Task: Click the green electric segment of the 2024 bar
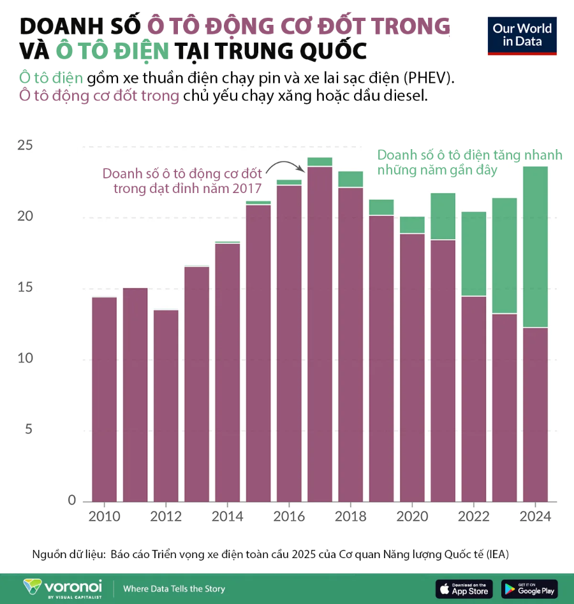(536, 247)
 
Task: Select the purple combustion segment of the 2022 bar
(473, 398)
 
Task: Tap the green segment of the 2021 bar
(443, 216)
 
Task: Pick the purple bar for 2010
(104, 399)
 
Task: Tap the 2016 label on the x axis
(289, 516)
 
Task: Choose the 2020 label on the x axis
(412, 516)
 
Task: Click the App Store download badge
(464, 589)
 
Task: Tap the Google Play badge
(529, 589)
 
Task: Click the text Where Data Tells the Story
(174, 589)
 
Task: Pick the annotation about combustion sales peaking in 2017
(182, 181)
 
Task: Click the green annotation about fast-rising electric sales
(469, 162)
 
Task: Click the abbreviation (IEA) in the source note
(497, 554)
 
